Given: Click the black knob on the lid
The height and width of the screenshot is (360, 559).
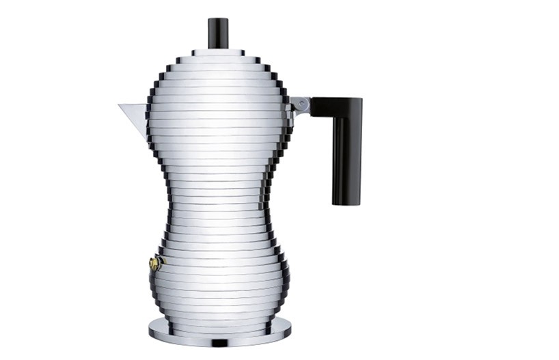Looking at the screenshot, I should click(218, 33).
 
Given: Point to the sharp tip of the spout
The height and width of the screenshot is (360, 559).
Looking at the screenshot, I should click(119, 105).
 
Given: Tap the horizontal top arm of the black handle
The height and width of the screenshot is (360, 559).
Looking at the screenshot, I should click(335, 107).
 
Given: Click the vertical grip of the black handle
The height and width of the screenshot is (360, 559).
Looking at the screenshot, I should click(346, 157).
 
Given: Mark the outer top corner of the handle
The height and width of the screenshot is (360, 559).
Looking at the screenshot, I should click(360, 100).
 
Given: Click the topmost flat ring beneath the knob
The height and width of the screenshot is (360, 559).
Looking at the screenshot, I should click(218, 52).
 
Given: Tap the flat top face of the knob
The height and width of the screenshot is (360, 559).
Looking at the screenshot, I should click(218, 20).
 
